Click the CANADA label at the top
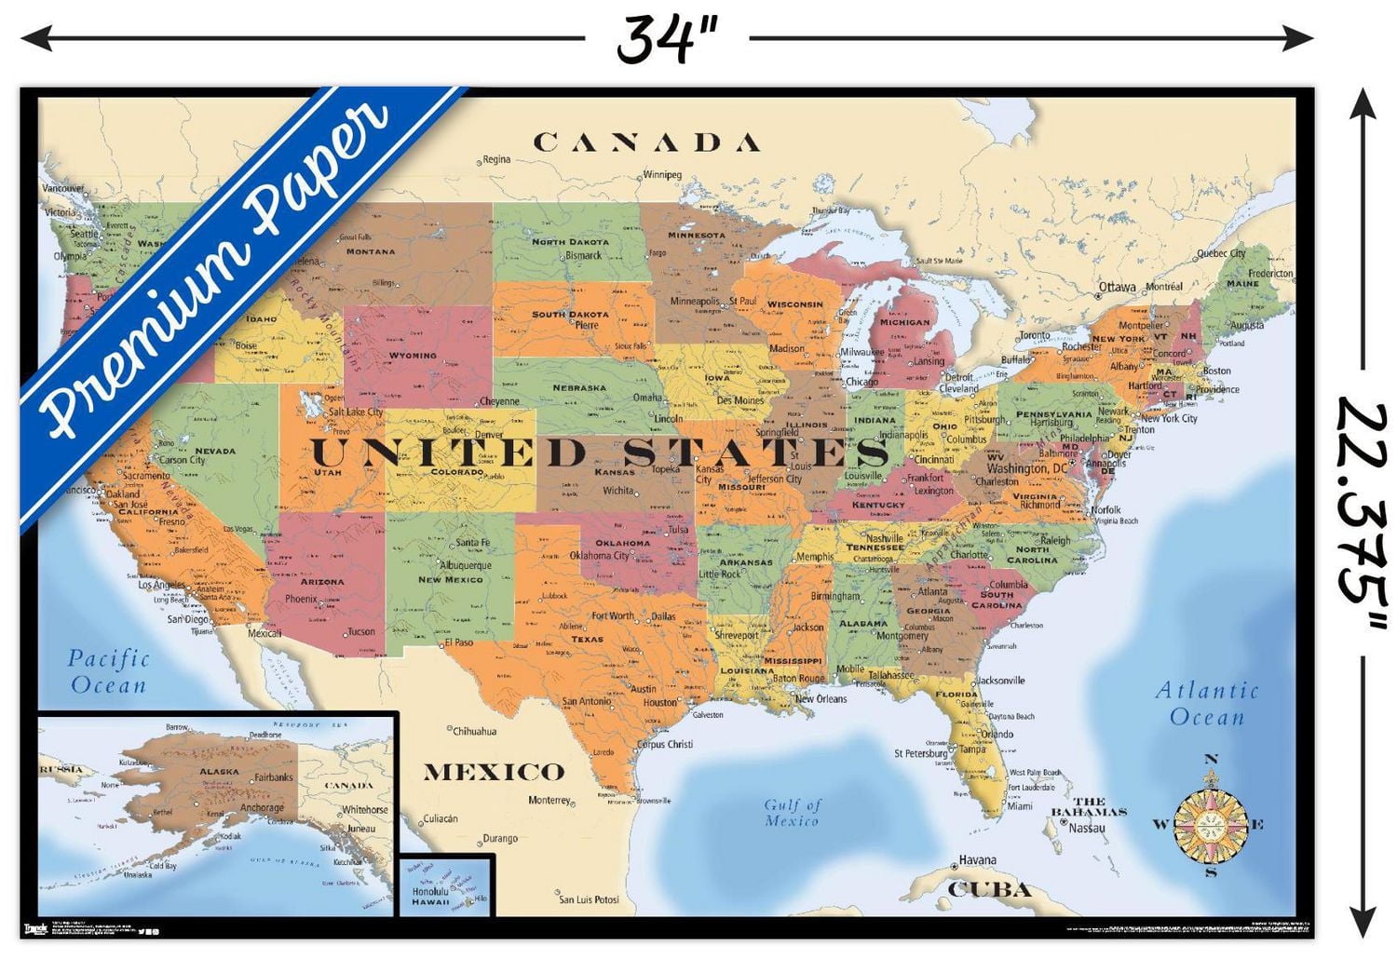click(x=646, y=142)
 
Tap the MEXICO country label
click(x=494, y=772)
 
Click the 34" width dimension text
click(x=667, y=39)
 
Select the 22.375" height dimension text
click(x=1363, y=503)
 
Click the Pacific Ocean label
click(x=108, y=671)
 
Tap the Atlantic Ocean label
click(x=1207, y=704)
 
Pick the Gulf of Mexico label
click(x=792, y=813)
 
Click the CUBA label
click(x=989, y=890)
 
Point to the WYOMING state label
click(x=412, y=356)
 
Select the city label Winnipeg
click(x=662, y=175)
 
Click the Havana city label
click(x=977, y=860)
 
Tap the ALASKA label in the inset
click(x=219, y=772)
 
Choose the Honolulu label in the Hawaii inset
click(x=430, y=891)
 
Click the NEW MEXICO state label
click(x=451, y=579)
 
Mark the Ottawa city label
click(x=1117, y=288)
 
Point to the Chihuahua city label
click(x=475, y=731)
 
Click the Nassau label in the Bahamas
click(x=1086, y=828)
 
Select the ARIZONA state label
click(x=322, y=582)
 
